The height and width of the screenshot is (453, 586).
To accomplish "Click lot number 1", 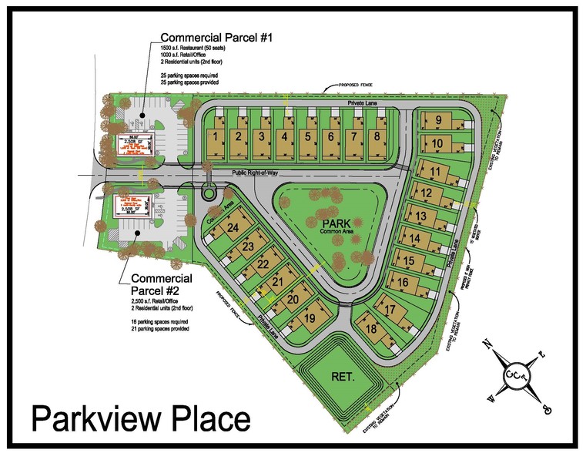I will pyautogui.click(x=217, y=136).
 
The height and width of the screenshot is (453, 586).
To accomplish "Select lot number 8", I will pyautogui.click(x=376, y=136).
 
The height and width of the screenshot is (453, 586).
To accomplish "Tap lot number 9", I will pyautogui.click(x=437, y=120).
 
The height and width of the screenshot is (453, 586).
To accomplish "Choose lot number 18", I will pyautogui.click(x=372, y=329).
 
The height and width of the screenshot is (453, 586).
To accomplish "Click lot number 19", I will pyautogui.click(x=310, y=317).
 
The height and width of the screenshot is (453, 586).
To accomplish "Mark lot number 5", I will pyautogui.click(x=307, y=136).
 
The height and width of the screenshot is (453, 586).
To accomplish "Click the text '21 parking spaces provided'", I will pyautogui.click(x=159, y=328).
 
